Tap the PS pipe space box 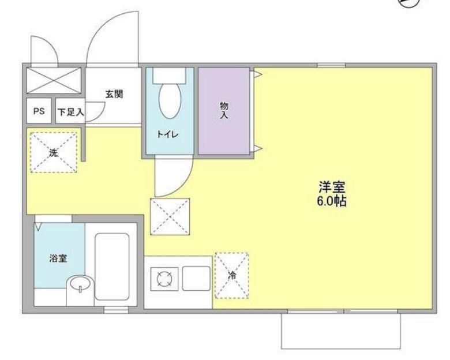(38, 112)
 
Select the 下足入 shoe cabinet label (69, 112)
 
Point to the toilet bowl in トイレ (170, 102)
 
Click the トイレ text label (169, 134)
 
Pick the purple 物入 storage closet (224, 111)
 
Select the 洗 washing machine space (54, 153)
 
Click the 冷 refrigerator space (232, 275)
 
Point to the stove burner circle (163, 280)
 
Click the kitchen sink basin (196, 280)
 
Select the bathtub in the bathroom (111, 267)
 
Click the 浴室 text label (58, 258)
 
